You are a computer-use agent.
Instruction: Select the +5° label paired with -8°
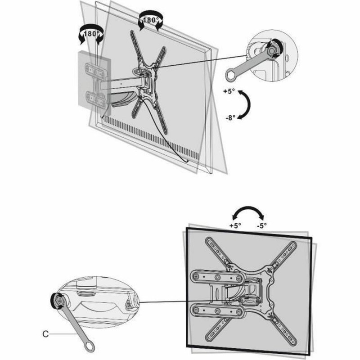pos(229,91)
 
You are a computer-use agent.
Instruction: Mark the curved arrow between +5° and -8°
pos(246,104)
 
